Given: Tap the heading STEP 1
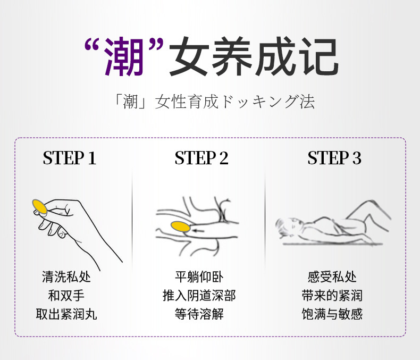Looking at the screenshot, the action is coord(69,158).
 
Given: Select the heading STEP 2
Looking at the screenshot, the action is coord(201,158).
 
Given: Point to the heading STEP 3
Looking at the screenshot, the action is coord(334,158).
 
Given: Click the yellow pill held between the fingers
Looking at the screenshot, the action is coord(40,206).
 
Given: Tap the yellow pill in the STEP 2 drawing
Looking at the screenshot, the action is coord(181,227).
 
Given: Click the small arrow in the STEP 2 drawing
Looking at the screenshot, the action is coord(198,230).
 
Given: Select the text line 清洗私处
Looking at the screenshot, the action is coord(66,277).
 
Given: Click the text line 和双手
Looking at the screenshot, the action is coord(66,296).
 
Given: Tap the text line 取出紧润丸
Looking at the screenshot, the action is coord(66,314).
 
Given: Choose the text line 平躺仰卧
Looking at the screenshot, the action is coord(199,277).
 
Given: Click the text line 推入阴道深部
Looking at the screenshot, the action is coord(199,296).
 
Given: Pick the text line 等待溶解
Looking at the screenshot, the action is coord(199,314).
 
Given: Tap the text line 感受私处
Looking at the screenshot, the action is coord(332,277).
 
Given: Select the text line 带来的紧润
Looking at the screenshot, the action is coord(332,296).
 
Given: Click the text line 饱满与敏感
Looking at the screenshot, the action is coord(332,314).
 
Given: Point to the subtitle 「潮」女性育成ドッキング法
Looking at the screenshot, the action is coord(214,102).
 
